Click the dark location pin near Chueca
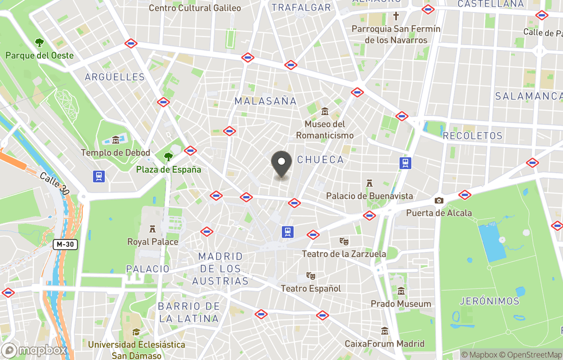coord(281,164)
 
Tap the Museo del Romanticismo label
coord(325,130)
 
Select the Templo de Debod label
coord(115,153)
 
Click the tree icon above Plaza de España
coord(168,157)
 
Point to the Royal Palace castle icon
coord(153,229)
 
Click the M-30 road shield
coord(65,244)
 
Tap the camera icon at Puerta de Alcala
coord(439,200)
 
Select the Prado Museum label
coord(400,304)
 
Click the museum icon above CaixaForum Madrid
coord(385,331)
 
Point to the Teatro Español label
coord(311,289)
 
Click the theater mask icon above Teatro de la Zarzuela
coord(344,241)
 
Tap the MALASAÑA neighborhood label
coord(265,101)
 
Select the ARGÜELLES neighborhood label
coord(115,77)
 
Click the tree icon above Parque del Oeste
coord(39,42)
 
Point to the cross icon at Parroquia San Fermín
coord(396,16)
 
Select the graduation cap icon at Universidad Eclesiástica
coord(136,332)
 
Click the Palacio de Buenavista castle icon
coord(370,183)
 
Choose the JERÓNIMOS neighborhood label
coord(489,301)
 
